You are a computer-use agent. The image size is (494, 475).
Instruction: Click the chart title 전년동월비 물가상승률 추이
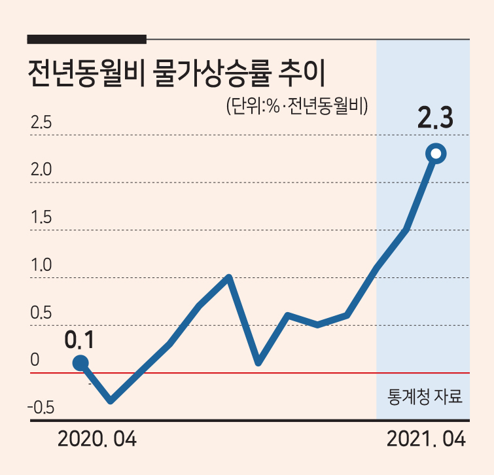[177, 74]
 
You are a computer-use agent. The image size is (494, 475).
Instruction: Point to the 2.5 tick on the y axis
[41, 122]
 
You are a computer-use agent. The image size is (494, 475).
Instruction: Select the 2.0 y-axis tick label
[41, 169]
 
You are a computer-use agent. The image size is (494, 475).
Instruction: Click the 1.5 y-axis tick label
[41, 217]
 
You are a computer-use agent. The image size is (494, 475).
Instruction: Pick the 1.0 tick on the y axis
[41, 265]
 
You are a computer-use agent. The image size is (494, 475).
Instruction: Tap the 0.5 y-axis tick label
[41, 313]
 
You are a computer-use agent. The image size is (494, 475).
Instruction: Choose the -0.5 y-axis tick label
[41, 408]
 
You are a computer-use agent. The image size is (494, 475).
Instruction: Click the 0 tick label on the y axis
[35, 360]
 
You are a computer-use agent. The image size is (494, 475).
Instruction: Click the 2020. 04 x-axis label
[97, 439]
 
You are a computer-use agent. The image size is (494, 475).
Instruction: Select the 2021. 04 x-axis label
[426, 439]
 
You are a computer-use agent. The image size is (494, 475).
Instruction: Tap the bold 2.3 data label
[435, 118]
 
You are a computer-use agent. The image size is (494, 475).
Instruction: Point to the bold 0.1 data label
[79, 340]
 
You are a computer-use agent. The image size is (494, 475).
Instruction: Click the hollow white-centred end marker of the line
[436, 154]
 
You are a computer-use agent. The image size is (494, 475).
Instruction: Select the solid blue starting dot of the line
[80, 363]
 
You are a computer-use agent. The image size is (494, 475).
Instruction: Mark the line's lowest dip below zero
[111, 401]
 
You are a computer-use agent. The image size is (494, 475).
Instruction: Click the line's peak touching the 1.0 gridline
[229, 277]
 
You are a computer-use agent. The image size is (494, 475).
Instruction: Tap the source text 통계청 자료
[425, 396]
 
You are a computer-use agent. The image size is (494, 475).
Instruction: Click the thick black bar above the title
[87, 39]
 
